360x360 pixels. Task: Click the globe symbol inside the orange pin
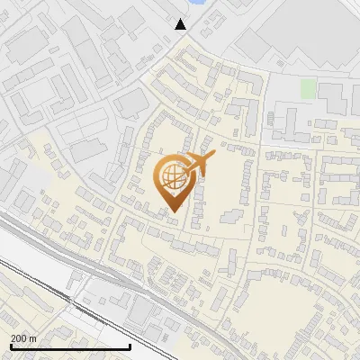point(171,177)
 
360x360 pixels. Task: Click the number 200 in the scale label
point(18,337)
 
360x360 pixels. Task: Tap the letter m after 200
point(33,337)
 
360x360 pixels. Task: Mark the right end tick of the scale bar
point(130,346)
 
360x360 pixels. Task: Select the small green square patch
point(308,89)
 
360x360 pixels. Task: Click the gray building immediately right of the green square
point(330,94)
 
